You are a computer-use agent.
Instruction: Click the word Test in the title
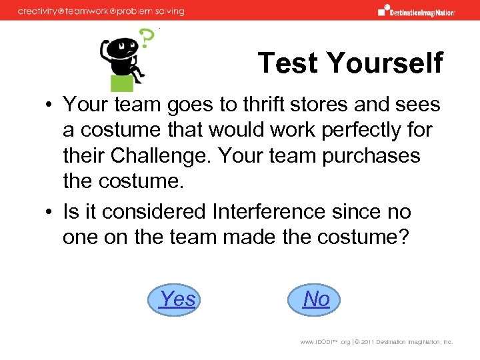289,63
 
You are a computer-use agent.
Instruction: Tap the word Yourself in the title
385,63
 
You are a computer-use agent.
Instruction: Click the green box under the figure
122,82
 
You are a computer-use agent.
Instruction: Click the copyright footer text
377,341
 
